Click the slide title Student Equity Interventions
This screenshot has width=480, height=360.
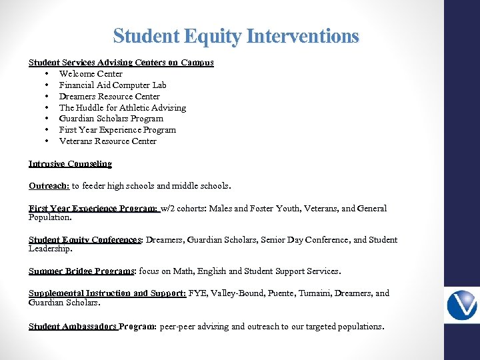pos(236,36)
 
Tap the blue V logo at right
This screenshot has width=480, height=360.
pos(461,305)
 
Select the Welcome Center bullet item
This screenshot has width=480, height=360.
pos(91,74)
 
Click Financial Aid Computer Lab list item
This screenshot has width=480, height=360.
pos(113,85)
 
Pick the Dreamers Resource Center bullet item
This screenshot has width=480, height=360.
pos(109,97)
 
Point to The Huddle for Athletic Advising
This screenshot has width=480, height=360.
pos(123,108)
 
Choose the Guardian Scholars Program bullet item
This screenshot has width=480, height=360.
pos(111,119)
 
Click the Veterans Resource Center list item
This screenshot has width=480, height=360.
pos(107,141)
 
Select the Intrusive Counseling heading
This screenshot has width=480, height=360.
pos(70,163)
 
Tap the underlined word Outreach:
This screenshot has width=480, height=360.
pos(49,186)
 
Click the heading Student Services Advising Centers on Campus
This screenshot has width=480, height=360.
pos(121,63)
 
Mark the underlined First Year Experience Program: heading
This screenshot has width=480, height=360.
pos(93,209)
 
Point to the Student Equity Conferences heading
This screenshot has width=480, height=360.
pos(85,240)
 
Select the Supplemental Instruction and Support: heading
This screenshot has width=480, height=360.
pos(107,293)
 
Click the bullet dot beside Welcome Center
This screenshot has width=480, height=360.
pos(47,74)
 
